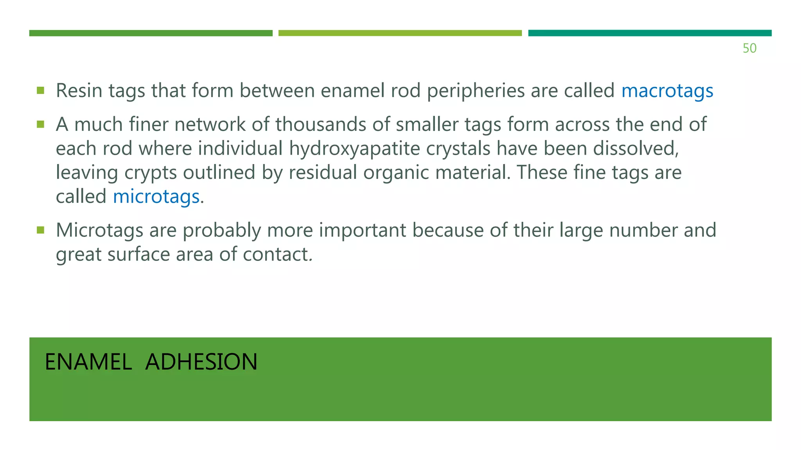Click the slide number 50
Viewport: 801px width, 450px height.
pyautogui.click(x=749, y=48)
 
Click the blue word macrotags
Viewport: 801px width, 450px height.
pyautogui.click(x=667, y=91)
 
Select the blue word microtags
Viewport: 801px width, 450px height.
pyautogui.click(x=156, y=196)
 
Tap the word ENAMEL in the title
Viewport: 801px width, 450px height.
pyautogui.click(x=88, y=362)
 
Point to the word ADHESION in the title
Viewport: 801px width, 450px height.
pyautogui.click(x=201, y=362)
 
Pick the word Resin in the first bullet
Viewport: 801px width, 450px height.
pyautogui.click(x=79, y=91)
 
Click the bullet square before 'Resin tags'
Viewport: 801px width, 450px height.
pyautogui.click(x=40, y=91)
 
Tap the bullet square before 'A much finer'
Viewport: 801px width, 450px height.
pyautogui.click(x=40, y=124)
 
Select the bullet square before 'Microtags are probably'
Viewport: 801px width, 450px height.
pyautogui.click(x=40, y=230)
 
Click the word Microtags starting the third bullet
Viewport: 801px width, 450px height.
pyautogui.click(x=99, y=230)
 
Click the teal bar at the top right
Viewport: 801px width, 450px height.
pyautogui.click(x=650, y=33)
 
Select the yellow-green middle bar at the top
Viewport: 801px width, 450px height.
pyautogui.click(x=400, y=33)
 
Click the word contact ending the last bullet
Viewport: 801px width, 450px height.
pyautogui.click(x=276, y=254)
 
